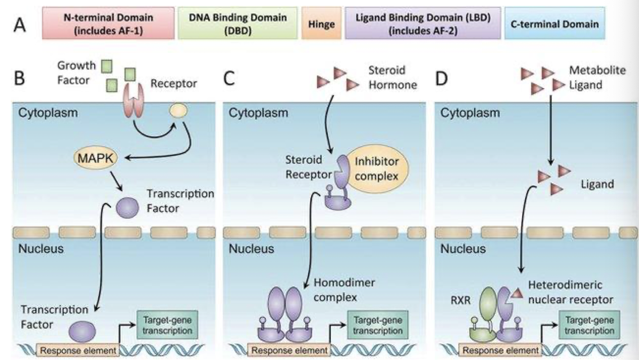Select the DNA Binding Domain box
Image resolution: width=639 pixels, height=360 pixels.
pyautogui.click(x=237, y=23)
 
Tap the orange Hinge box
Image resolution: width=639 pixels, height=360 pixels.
pyautogui.click(x=321, y=24)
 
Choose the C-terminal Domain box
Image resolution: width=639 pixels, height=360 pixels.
pyautogui.click(x=554, y=23)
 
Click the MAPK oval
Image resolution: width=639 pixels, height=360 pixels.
pyautogui.click(x=95, y=159)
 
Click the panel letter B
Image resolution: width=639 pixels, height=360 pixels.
pyautogui.click(x=20, y=79)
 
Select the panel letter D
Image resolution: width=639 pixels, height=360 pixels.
pyautogui.click(x=442, y=79)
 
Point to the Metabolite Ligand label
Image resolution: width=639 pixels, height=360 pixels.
pyautogui.click(x=597, y=77)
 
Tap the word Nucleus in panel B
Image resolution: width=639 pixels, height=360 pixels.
pyautogui.click(x=41, y=249)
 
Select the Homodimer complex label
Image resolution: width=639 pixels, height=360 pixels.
pyautogui.click(x=338, y=289)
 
